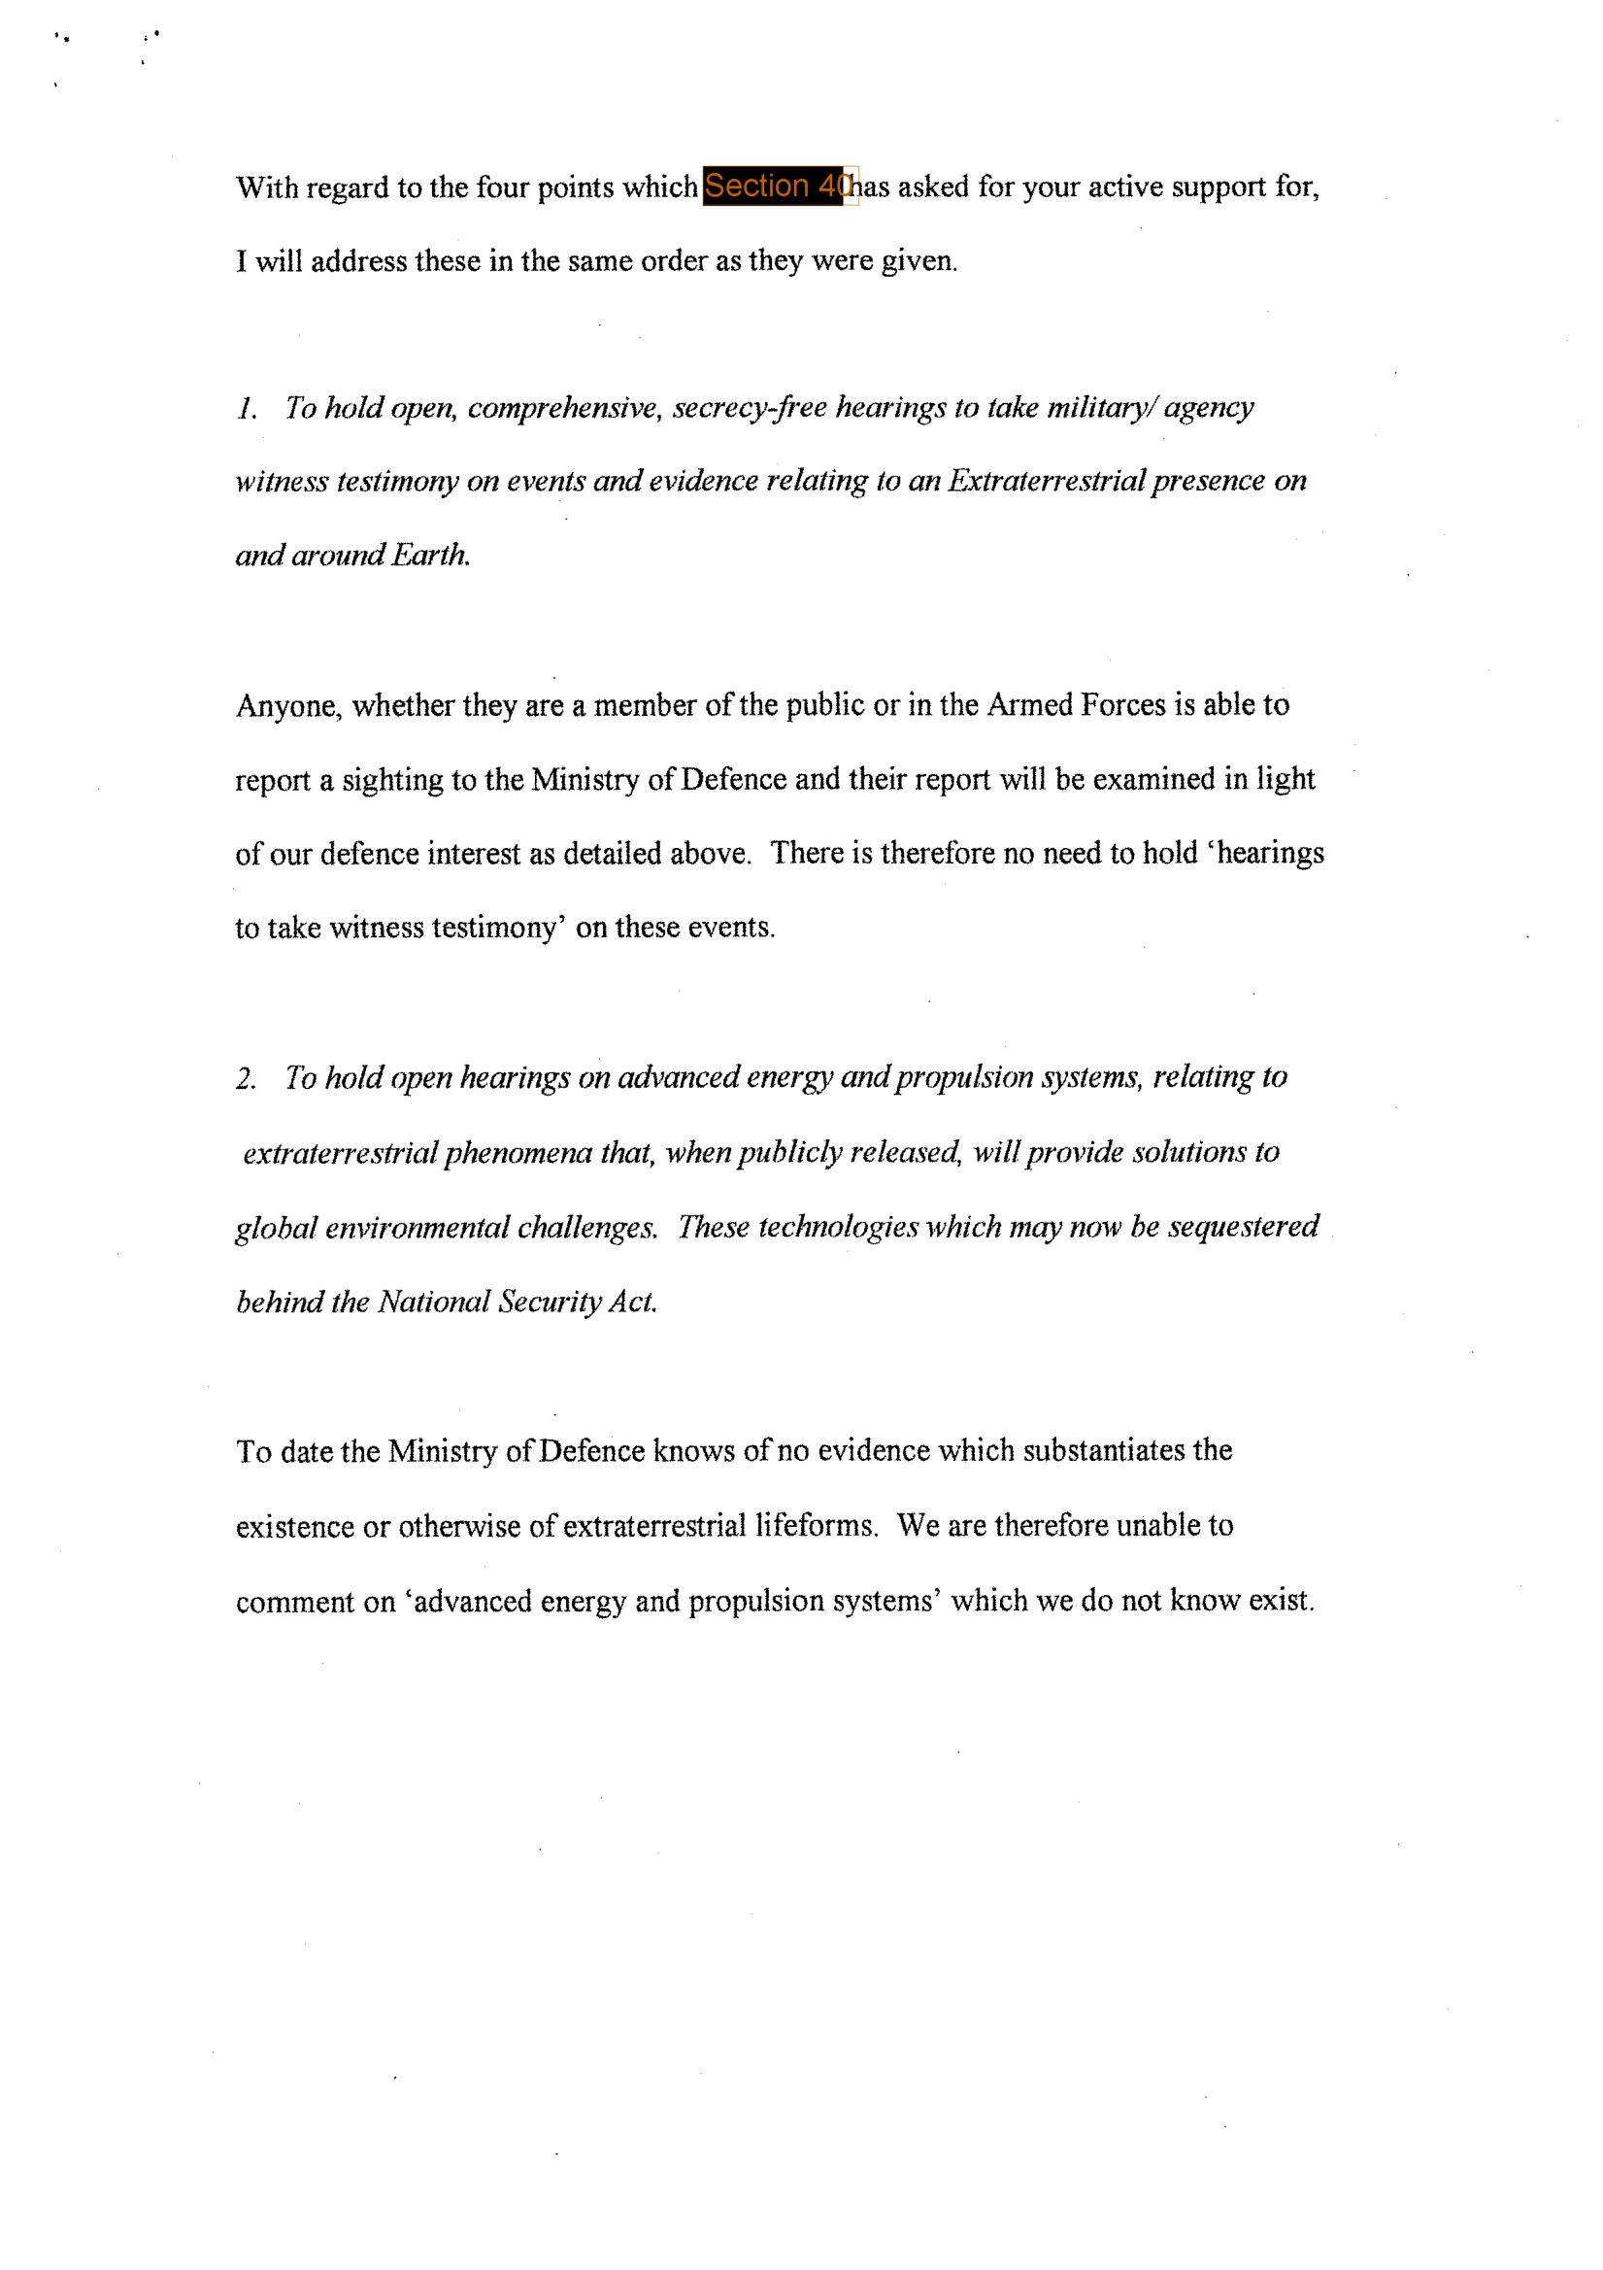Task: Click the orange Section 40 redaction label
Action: point(773,186)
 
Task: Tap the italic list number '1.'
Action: point(247,408)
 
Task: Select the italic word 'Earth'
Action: point(430,555)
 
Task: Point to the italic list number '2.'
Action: point(247,1078)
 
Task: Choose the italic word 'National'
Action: point(434,1303)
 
